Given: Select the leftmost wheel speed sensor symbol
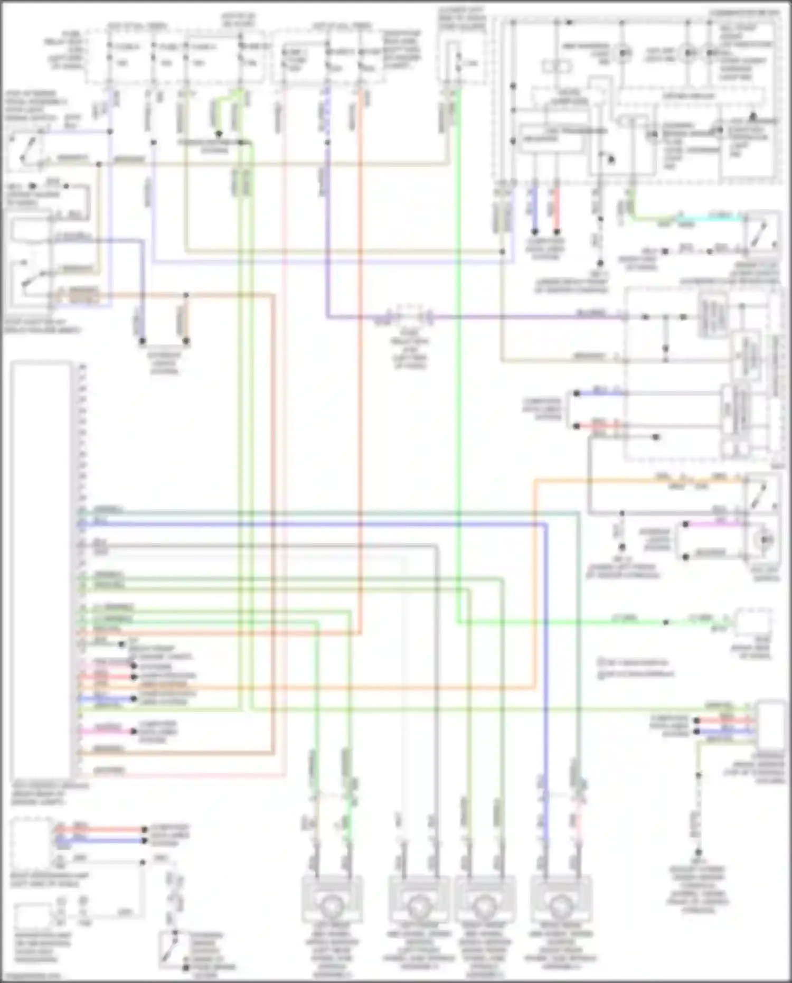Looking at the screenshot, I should point(332,906).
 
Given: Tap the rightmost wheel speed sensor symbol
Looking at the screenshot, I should point(561,906).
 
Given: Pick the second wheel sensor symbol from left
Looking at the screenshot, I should point(418,906).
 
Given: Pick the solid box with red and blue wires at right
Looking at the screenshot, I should point(770,724).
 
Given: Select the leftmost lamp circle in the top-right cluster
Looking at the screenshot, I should point(624,53).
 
